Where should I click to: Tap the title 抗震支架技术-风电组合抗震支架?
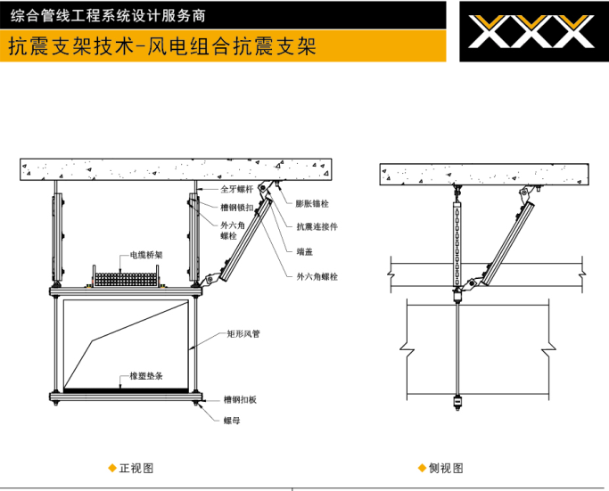(161, 45)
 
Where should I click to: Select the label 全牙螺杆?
(237, 190)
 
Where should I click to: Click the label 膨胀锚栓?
(315, 203)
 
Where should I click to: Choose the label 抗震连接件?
(317, 226)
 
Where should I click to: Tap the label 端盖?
(304, 251)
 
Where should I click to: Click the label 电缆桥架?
(146, 254)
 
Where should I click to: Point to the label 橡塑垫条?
(145, 377)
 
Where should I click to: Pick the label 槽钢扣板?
(241, 398)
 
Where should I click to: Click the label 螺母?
(232, 420)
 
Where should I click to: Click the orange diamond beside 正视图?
(111, 468)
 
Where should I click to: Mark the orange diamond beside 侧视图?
(421, 468)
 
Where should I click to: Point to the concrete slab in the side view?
(485, 174)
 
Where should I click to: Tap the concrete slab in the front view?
(176, 168)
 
